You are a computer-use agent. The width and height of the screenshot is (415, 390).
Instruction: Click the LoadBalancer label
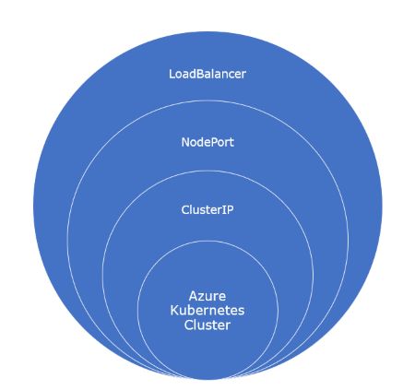click(207, 73)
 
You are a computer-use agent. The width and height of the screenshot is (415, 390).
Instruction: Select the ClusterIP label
click(207, 209)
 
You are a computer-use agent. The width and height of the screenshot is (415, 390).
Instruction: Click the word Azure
click(207, 297)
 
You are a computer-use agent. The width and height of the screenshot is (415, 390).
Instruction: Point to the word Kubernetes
click(207, 312)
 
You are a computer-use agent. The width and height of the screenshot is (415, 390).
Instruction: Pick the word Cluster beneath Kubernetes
click(207, 325)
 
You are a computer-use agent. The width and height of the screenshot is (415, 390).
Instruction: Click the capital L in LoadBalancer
click(172, 73)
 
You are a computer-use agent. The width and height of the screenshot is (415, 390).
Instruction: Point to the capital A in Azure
click(193, 297)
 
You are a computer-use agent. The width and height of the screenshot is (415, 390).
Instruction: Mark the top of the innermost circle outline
click(207, 242)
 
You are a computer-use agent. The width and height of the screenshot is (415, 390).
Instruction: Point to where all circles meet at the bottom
click(207, 379)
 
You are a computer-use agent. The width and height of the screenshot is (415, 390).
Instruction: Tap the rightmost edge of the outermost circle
click(383, 204)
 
